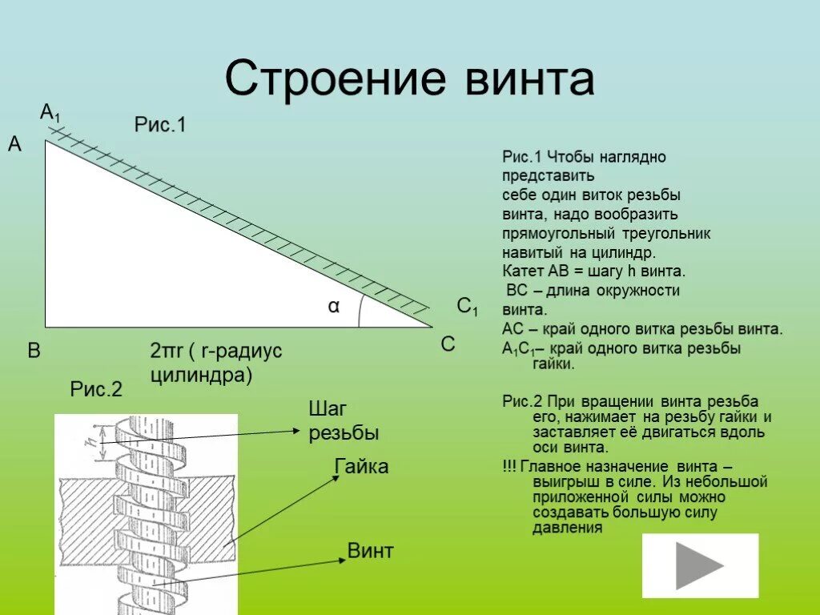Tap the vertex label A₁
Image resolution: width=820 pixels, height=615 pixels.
coord(50,113)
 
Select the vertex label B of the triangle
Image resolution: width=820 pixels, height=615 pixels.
coord(34,350)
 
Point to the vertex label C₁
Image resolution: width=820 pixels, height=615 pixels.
coord(467,307)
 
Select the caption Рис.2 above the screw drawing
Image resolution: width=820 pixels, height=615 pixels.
coord(96,390)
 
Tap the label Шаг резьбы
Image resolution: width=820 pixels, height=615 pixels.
coord(343,421)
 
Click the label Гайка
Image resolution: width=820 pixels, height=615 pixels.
coord(361,467)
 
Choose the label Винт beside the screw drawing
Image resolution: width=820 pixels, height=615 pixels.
coord(370,551)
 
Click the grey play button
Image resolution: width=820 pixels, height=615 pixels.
coord(699,565)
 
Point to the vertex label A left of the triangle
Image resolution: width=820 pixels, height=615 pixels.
coord(14,145)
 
